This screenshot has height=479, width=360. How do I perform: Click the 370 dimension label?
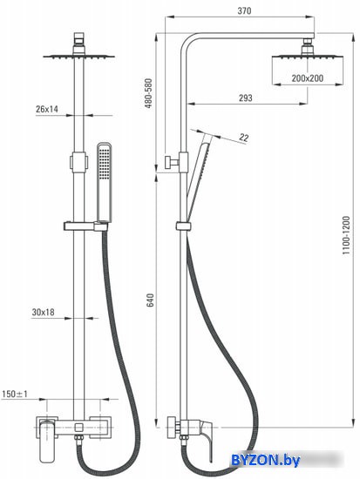pos(244,11)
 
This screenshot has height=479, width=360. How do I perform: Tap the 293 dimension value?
pos(246,98)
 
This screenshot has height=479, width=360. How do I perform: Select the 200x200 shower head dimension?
pos(307,78)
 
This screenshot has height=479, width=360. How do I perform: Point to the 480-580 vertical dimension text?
pos(148,93)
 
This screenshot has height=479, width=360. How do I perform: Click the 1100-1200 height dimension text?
pos(346,235)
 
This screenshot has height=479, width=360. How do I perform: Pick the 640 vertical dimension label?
pos(151,300)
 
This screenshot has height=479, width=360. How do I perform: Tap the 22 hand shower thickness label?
pos(244,138)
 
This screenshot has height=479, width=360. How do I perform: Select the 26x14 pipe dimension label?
pos(47,109)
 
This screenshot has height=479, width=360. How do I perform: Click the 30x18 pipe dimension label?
pos(43,312)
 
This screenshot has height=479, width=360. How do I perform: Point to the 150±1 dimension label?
pos(15,394)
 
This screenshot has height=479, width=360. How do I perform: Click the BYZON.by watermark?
pos(265,460)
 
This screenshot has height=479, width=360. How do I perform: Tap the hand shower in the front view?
pos(105,182)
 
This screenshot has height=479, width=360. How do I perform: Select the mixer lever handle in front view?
pos(47,441)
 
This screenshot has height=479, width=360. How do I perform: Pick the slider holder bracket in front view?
pos(86,226)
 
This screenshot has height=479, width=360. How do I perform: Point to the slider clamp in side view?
pos(184,226)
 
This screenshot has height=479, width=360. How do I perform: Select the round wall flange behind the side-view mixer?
pos(170,428)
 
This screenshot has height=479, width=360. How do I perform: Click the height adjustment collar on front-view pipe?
pos(79,162)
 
